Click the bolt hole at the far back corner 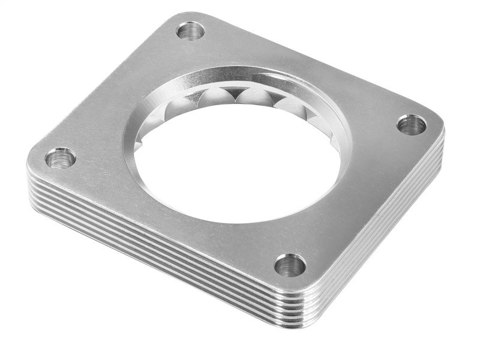[x=191, y=31]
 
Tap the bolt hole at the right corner [x=412, y=124]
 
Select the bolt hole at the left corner [x=61, y=158]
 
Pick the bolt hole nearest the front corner [x=290, y=265]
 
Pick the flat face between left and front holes [x=168, y=222]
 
